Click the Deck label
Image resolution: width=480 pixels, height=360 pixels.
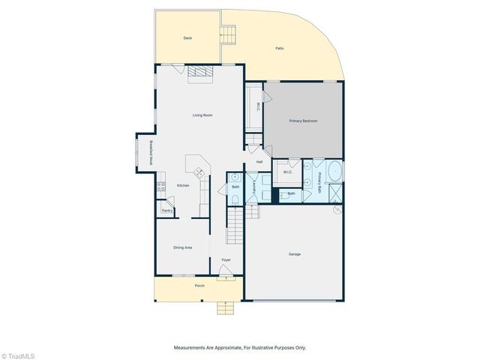click(188, 38)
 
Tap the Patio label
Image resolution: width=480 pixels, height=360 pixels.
click(279, 48)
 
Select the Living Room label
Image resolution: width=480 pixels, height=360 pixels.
click(202, 115)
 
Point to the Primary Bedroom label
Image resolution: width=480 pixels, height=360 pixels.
click(304, 121)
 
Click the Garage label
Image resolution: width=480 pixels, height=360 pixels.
click(295, 254)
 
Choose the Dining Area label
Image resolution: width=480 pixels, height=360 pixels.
click(183, 247)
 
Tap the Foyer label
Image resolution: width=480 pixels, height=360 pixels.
click(226, 260)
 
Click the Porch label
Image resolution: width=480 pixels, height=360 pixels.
click(199, 286)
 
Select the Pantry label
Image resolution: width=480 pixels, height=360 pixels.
click(166, 211)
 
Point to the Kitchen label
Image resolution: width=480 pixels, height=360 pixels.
click(183, 186)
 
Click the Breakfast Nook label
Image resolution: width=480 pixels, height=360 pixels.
click(151, 153)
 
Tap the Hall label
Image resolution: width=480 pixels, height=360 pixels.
click(259, 162)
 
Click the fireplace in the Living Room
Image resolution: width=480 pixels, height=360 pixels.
click(199, 71)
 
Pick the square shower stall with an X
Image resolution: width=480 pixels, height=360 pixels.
click(334, 196)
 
